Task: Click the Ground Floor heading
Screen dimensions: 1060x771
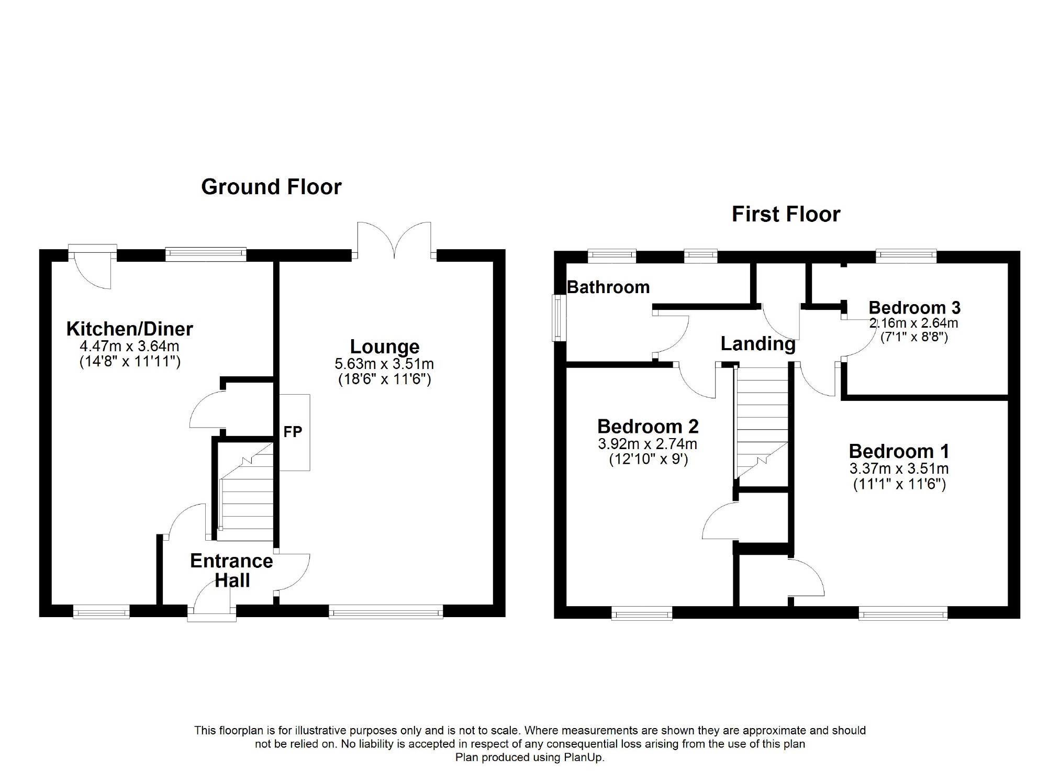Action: point(271,187)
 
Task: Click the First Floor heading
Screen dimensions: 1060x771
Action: point(786,214)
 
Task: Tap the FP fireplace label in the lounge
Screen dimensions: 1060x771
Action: point(293,432)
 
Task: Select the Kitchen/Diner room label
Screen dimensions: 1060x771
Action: point(129,329)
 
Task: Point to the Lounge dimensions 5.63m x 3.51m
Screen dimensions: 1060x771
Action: point(384,364)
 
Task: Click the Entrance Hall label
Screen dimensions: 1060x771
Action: point(231,571)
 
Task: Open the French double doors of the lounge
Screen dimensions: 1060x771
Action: point(394,240)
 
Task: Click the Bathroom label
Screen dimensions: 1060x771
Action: point(608,287)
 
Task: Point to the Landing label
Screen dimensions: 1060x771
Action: point(758,344)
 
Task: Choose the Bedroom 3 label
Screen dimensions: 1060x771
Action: point(914,308)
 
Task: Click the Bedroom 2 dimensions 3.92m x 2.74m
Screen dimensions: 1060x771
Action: point(648,444)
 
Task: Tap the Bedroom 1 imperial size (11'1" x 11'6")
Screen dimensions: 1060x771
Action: point(899,484)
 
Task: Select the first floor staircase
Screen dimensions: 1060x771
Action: point(762,422)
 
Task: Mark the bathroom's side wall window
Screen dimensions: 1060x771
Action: point(559,318)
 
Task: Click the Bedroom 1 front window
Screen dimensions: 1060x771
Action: point(903,612)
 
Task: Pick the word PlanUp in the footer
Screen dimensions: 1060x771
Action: point(584,757)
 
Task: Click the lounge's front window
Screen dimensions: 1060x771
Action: point(386,611)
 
